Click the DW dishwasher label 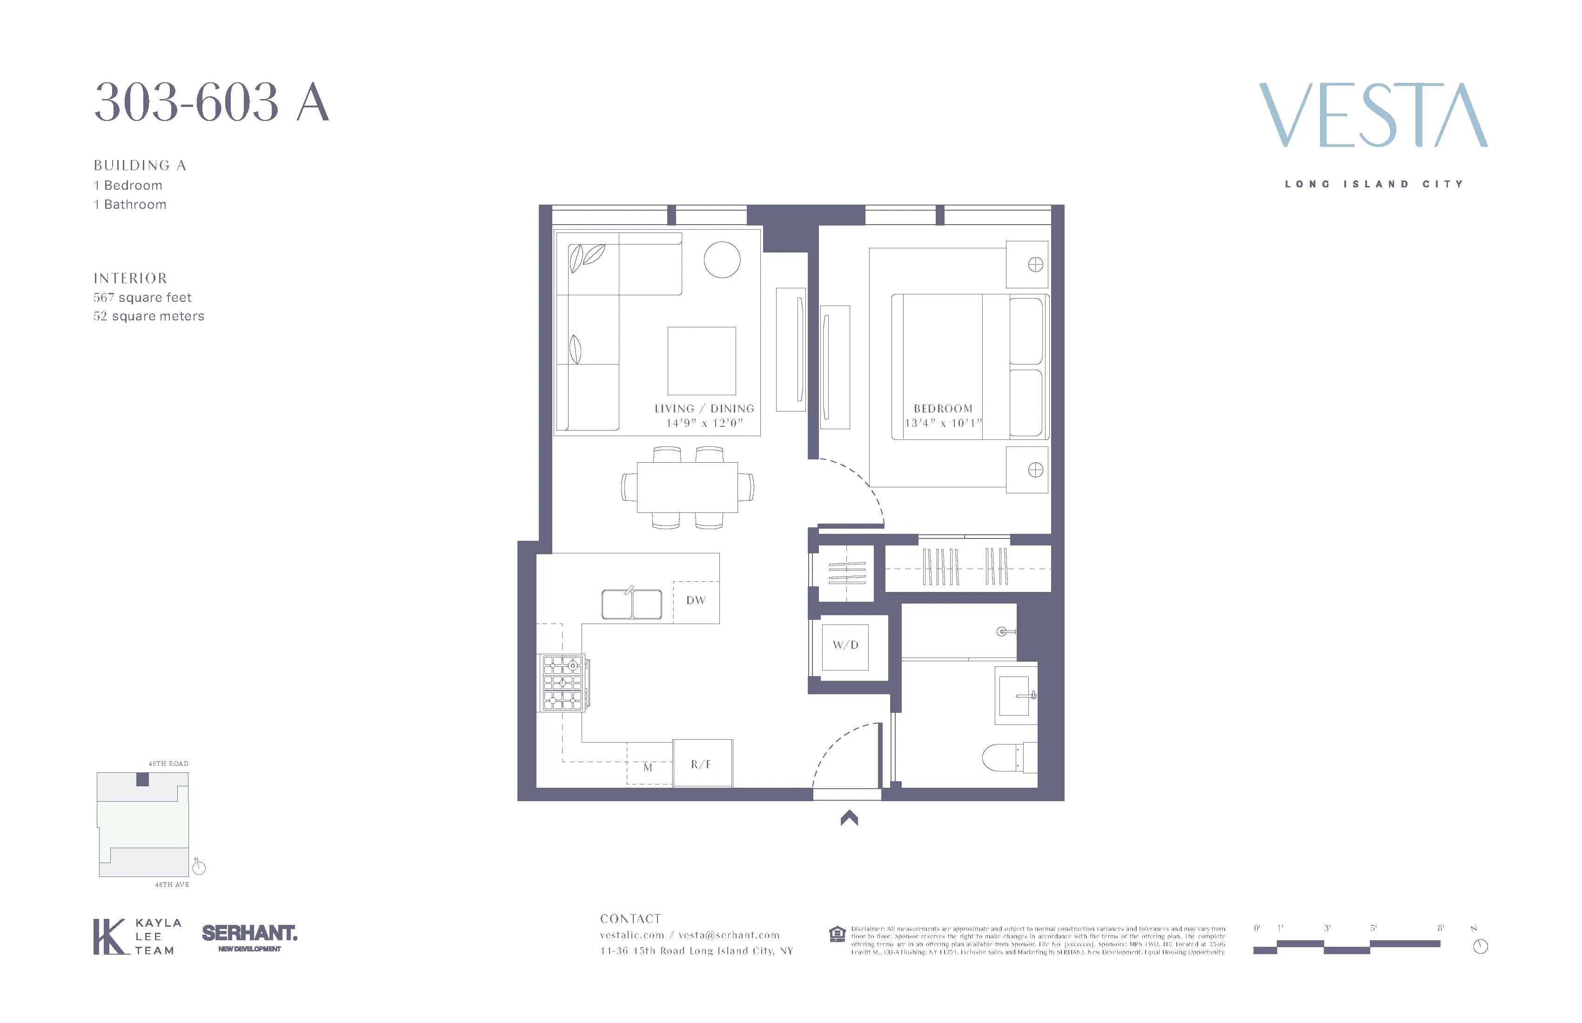695,600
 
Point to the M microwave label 647,768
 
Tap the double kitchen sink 631,604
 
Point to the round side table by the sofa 722,260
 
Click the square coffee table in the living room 701,361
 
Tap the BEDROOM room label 943,409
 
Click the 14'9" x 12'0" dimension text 704,423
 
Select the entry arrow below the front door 849,818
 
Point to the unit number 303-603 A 211,102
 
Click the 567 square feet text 142,298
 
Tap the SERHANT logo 249,934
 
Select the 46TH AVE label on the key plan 172,885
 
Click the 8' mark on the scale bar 1441,928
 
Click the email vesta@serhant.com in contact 729,935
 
